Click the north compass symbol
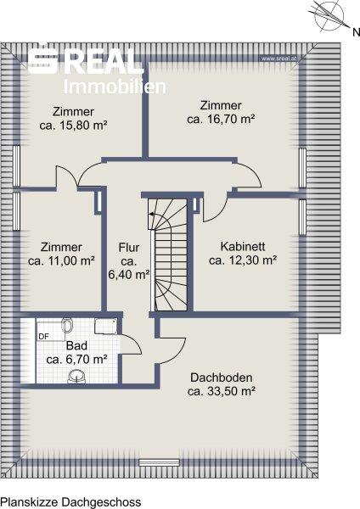click(x=329, y=15)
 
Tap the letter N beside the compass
click(x=356, y=32)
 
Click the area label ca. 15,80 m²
click(x=73, y=126)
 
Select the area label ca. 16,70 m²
click(x=221, y=119)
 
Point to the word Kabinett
click(x=243, y=246)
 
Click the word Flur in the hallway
click(x=129, y=248)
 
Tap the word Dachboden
click(x=222, y=378)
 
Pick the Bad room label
click(x=76, y=345)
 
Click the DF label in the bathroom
click(x=43, y=337)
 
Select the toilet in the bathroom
click(x=67, y=325)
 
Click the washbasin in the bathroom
click(x=76, y=377)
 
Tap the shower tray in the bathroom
click(x=105, y=326)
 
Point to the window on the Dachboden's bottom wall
click(x=160, y=462)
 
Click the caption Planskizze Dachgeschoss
click(x=70, y=502)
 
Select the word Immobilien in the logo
click(x=115, y=87)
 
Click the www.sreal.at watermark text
click(x=279, y=59)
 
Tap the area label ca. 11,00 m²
click(x=61, y=260)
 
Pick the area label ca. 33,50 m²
click(x=221, y=391)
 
